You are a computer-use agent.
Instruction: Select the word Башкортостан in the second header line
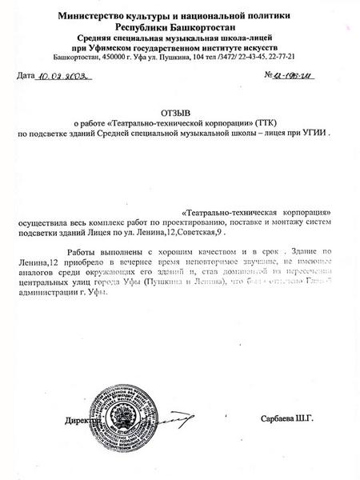202,26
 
